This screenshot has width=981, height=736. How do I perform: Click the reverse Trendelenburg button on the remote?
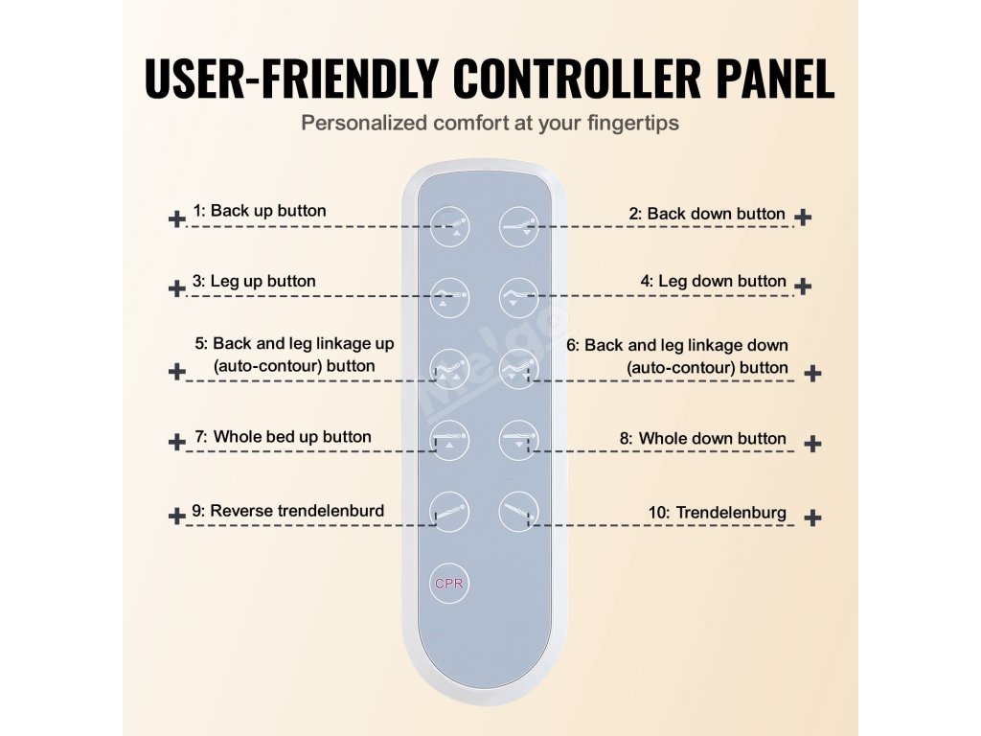448,509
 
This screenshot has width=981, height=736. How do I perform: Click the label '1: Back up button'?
260,210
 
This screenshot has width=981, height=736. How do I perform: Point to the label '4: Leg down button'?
713,282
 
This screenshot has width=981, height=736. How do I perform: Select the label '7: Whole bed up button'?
283,437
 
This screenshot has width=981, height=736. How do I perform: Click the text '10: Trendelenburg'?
717,513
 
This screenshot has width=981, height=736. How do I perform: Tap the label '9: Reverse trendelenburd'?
287,511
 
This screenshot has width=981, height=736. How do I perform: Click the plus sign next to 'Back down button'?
803,218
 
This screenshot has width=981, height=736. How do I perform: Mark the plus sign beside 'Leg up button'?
176,287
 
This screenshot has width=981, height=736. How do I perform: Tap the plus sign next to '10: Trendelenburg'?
812,517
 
